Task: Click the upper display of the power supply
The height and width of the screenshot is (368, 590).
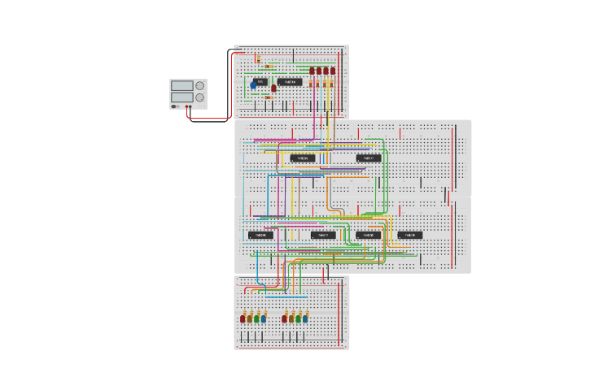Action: (181, 85)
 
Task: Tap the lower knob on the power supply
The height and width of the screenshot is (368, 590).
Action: (199, 97)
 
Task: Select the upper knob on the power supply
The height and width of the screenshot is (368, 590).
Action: (199, 85)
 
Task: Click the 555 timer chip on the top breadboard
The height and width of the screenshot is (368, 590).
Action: (260, 82)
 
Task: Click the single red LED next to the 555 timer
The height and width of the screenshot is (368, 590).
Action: (273, 88)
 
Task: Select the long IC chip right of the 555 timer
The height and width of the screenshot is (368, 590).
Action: (290, 82)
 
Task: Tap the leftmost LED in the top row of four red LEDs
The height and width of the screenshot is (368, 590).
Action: (312, 71)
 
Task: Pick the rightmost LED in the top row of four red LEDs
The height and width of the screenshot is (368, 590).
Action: (333, 71)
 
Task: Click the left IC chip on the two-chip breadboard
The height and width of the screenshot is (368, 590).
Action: (303, 158)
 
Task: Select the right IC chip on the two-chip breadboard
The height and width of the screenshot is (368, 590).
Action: (368, 158)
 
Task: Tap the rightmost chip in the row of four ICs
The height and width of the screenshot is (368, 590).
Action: (410, 236)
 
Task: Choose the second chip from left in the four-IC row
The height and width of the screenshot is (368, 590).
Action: (323, 236)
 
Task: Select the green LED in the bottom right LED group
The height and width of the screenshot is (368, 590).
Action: (299, 318)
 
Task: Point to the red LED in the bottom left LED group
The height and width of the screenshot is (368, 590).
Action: (243, 318)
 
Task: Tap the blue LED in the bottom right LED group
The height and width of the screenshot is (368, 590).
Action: (305, 318)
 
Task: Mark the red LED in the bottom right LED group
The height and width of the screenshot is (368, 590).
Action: (285, 318)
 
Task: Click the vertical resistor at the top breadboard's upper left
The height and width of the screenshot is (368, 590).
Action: (258, 59)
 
